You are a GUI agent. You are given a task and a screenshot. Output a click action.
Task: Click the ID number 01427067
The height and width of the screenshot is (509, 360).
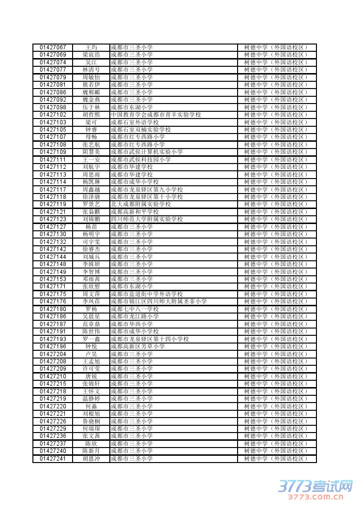(x=53, y=47)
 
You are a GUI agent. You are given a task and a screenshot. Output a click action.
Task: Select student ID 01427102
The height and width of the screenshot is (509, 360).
(x=53, y=115)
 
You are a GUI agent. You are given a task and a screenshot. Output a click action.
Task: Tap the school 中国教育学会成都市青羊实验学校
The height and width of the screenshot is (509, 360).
(x=156, y=115)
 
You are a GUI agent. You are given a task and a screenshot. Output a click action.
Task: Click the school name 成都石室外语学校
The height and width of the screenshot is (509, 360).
(x=135, y=122)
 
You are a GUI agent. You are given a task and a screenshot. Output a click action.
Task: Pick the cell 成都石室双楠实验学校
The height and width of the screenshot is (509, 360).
(x=141, y=130)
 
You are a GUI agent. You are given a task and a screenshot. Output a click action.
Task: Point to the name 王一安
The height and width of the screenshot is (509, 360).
(x=91, y=160)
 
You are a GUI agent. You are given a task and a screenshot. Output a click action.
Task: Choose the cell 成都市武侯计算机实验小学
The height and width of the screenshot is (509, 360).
(x=147, y=152)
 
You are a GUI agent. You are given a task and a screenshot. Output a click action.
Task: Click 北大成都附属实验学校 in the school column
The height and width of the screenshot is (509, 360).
(x=141, y=204)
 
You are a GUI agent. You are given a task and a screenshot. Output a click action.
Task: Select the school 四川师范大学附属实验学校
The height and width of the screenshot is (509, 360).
(x=147, y=219)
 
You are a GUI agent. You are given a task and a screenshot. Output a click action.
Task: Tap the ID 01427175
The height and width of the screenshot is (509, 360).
(x=53, y=294)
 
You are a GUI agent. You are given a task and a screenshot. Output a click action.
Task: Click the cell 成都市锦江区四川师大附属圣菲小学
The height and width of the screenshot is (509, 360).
(x=159, y=301)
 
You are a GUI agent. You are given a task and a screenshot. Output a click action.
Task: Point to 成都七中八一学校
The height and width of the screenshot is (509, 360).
(x=135, y=309)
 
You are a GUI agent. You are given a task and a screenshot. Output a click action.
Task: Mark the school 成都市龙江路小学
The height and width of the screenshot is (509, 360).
(x=135, y=316)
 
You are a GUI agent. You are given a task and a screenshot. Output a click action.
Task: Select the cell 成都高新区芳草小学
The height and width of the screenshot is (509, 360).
(x=137, y=346)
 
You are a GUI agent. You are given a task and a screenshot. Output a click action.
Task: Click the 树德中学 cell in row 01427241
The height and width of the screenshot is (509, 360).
(x=276, y=459)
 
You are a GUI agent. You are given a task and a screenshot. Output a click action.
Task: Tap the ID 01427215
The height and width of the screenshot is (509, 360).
(x=53, y=384)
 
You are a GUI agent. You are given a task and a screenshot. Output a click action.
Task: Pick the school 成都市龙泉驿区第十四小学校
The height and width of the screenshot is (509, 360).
(x=150, y=339)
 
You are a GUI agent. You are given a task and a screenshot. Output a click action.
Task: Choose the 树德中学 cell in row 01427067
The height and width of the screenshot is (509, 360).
(x=276, y=47)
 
